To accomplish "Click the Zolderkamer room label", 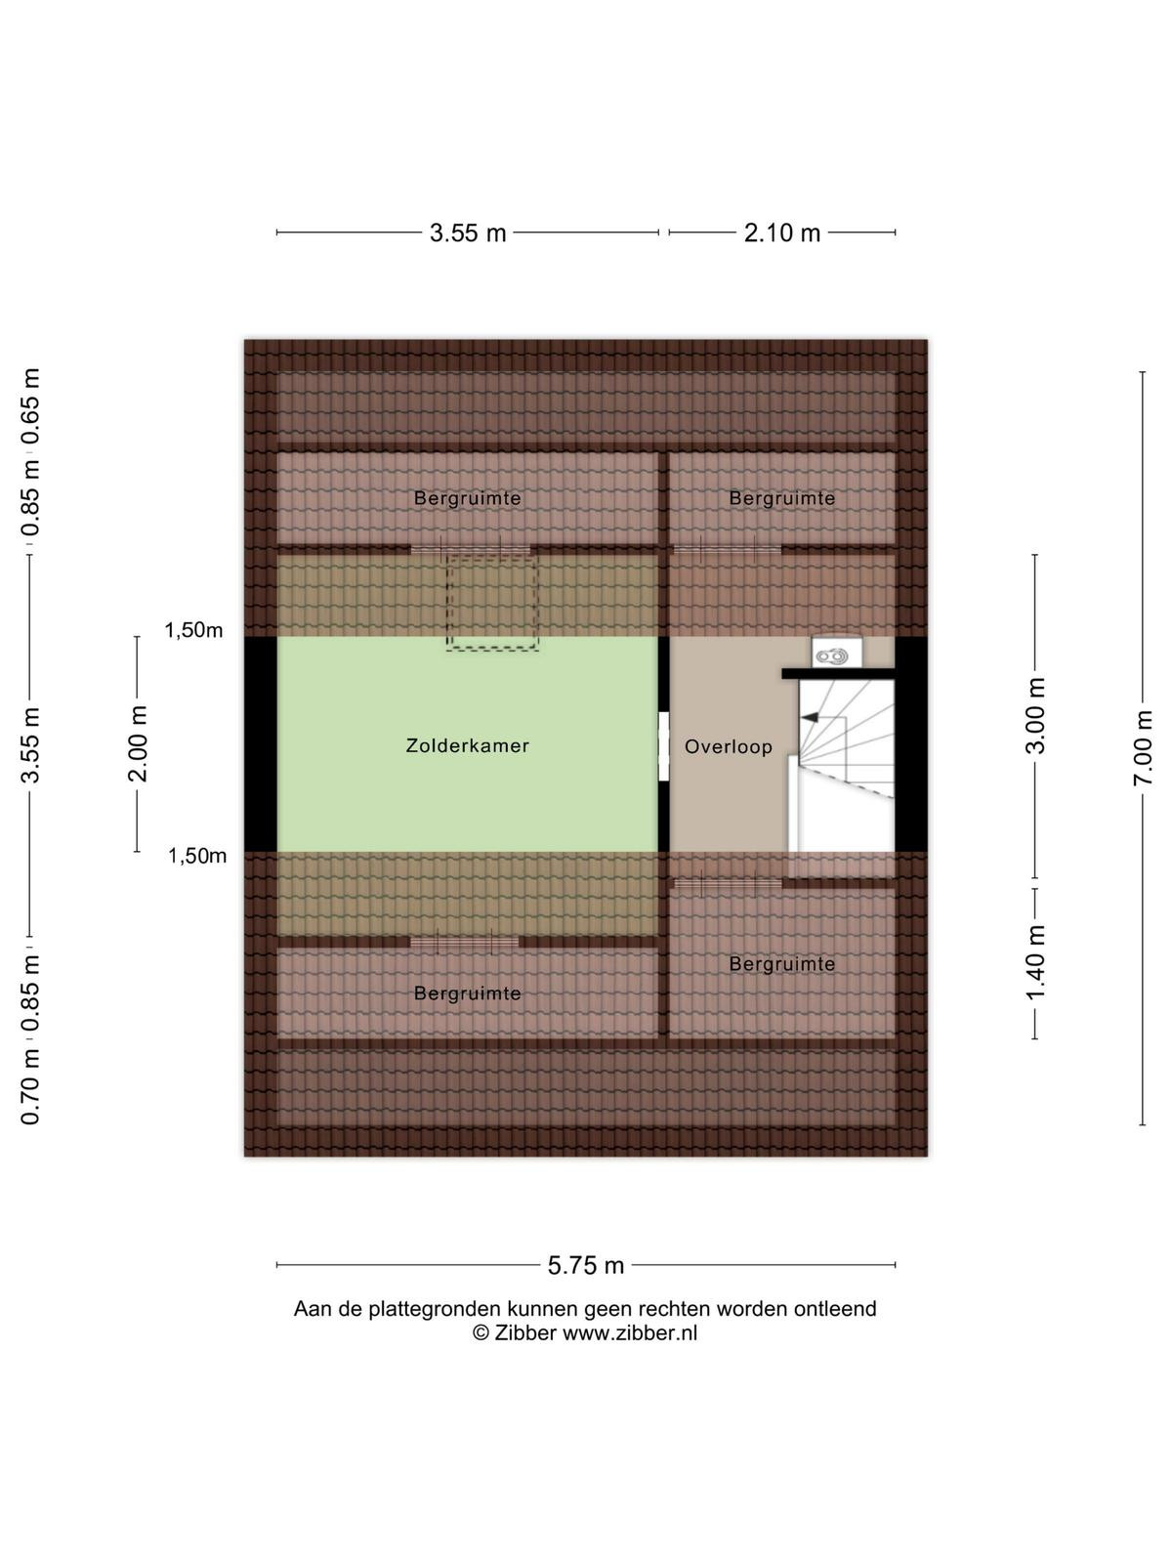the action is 468,745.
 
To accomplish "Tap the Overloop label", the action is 728,746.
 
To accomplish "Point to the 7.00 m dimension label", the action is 1142,747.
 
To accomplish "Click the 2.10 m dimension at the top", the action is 782,232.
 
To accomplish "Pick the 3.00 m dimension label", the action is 1034,716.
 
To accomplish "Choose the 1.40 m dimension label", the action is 1034,962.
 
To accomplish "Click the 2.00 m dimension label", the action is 138,743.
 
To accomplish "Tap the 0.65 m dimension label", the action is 30,405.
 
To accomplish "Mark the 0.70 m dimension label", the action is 30,1087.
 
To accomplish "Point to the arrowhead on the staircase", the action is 810,717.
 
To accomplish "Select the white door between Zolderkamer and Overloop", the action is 664,746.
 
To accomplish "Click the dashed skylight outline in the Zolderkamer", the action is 491,603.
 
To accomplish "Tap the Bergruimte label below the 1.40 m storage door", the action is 782,964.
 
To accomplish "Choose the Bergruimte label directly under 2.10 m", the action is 782,498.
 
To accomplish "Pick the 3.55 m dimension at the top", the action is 468,232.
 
